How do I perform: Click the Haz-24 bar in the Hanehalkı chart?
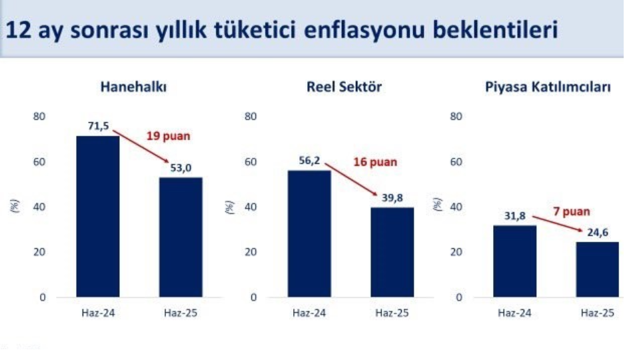[x=98, y=216]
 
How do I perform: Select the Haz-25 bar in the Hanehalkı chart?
[x=181, y=237]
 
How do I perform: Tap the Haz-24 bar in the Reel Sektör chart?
[x=309, y=233]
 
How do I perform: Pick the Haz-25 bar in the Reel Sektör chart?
[x=392, y=252]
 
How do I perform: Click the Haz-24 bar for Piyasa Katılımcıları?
[x=514, y=261]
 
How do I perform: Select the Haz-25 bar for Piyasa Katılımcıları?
[x=598, y=269]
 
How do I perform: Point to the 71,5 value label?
[x=99, y=126]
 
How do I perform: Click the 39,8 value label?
[x=392, y=198]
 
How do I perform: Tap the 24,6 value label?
[x=598, y=233]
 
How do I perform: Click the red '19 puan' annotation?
[x=169, y=136]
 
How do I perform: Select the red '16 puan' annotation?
[x=375, y=162]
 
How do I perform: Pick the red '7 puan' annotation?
[x=572, y=211]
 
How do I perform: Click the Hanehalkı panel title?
[x=133, y=87]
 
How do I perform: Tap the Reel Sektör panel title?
[x=344, y=87]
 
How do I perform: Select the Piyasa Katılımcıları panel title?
[x=548, y=87]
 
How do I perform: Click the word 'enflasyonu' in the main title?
[x=364, y=30]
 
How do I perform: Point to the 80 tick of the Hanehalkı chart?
[x=39, y=116]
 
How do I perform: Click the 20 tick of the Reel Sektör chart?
[x=251, y=251]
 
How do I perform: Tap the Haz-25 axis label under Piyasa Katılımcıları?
[x=598, y=313]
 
